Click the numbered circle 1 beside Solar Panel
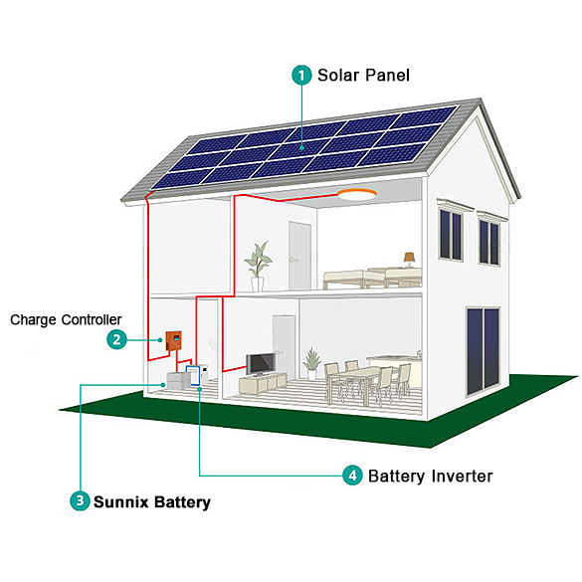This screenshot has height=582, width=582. (301, 75)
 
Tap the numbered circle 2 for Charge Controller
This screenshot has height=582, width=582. (116, 339)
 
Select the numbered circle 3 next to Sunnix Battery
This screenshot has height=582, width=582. (80, 500)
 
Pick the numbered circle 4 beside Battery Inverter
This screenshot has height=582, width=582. (352, 476)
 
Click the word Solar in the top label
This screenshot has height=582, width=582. (338, 75)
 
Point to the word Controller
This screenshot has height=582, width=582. (92, 319)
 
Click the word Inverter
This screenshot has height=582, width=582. (462, 476)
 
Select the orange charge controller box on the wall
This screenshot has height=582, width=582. (173, 340)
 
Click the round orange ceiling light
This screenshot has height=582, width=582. (357, 194)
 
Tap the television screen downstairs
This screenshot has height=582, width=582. (261, 364)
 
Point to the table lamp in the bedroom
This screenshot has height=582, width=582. (410, 260)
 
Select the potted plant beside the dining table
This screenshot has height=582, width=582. (311, 364)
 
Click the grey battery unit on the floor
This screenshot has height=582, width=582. (178, 380)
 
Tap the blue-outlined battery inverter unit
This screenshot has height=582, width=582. (193, 376)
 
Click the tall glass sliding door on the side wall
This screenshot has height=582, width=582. (483, 351)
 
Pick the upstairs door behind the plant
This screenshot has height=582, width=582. (299, 256)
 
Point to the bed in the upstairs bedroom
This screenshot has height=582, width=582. (372, 279)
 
